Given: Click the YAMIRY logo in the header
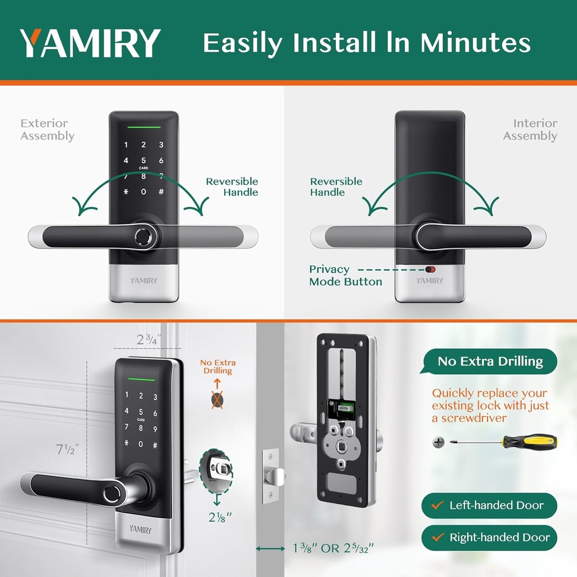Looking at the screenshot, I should [x=90, y=43].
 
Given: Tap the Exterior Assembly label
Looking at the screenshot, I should [x=47, y=130].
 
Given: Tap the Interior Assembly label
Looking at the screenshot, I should [x=530, y=130].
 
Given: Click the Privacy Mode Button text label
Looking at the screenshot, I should [x=345, y=276].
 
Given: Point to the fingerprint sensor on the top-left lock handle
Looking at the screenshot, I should [x=144, y=236].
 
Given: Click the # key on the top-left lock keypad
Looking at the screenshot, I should [x=161, y=192].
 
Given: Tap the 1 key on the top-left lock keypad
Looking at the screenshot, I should [x=126, y=145].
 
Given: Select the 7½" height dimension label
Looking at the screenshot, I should [x=67, y=450].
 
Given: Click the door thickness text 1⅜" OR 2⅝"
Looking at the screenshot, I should [x=333, y=548].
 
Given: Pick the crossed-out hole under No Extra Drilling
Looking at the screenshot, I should [x=217, y=401].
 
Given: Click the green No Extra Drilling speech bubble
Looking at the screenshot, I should [x=490, y=362].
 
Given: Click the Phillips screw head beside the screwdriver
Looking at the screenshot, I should [x=438, y=442].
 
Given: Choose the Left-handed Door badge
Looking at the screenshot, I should [x=489, y=505].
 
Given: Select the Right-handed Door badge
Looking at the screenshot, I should [x=489, y=538].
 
